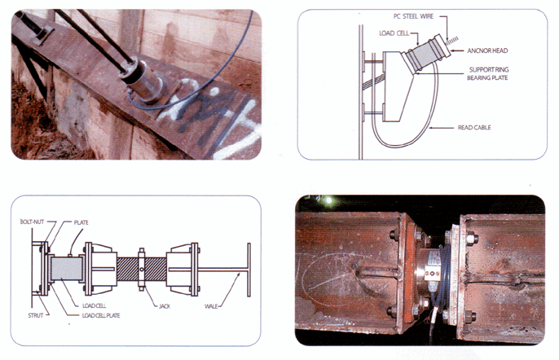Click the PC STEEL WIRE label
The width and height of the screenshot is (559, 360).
point(414,16)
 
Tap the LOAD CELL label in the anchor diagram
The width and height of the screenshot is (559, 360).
point(394,33)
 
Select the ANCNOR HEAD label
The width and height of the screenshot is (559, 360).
point(487,50)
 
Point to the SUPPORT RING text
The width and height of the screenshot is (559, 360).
point(489,69)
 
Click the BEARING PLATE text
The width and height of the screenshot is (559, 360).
point(487,77)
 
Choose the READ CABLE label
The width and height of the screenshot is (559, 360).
point(474,127)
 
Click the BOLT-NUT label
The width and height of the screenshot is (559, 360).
point(32,222)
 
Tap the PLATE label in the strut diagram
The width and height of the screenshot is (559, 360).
point(81,222)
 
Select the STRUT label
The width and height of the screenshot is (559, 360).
point(36,315)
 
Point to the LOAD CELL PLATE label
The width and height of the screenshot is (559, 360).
point(101,315)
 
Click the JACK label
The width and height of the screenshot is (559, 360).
point(165,306)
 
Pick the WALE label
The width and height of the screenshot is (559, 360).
point(211,306)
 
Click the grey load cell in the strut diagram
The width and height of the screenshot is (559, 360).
point(67,269)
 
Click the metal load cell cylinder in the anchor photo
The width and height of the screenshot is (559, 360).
point(143,83)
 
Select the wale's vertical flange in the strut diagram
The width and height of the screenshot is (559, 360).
point(249,270)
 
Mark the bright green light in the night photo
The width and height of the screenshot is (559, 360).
point(328,200)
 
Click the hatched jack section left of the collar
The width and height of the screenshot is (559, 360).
point(127,269)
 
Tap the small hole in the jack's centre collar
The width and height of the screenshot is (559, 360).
point(142,269)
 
